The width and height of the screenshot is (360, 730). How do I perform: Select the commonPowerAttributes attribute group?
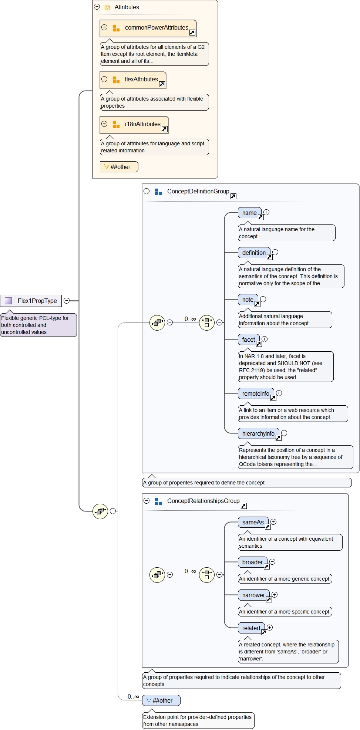pyautogui.click(x=148, y=28)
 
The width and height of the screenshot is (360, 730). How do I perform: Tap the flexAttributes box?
pyautogui.click(x=133, y=80)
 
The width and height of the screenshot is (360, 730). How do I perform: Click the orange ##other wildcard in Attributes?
pyautogui.click(x=119, y=167)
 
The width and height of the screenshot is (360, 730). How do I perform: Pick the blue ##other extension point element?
pyautogui.click(x=161, y=700)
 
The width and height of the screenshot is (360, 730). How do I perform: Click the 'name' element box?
pyautogui.click(x=249, y=213)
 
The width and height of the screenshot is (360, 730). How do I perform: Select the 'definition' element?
pyautogui.click(x=254, y=253)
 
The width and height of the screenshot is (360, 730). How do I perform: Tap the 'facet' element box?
pyautogui.click(x=249, y=340)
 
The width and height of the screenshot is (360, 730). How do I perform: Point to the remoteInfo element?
pyautogui.click(x=256, y=394)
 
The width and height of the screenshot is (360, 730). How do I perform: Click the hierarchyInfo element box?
pyautogui.click(x=258, y=434)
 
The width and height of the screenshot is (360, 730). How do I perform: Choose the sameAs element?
pyautogui.click(x=253, y=523)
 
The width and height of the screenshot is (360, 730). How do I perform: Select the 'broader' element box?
pyautogui.click(x=252, y=562)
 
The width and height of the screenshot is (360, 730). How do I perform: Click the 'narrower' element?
pyautogui.click(x=253, y=595)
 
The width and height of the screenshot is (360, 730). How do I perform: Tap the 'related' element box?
pyautogui.click(x=251, y=628)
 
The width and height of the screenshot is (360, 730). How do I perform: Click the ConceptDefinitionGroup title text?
pyautogui.click(x=198, y=191)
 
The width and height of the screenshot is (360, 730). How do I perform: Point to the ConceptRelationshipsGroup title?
pyautogui.click(x=203, y=501)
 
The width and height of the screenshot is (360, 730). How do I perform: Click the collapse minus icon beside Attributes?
pyautogui.click(x=97, y=7)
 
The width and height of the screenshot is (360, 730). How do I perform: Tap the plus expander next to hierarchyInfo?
pyautogui.click(x=284, y=433)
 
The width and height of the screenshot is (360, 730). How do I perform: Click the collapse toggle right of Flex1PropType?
pyautogui.click(x=67, y=301)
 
